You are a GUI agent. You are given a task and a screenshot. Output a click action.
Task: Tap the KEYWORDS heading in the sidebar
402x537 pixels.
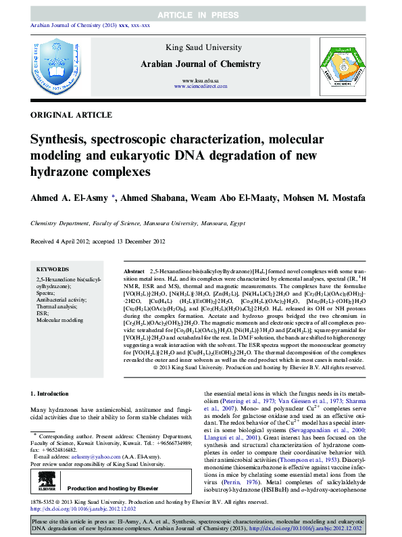tap(51, 268)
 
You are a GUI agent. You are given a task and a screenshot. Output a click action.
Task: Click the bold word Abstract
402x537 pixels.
tap(134, 270)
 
